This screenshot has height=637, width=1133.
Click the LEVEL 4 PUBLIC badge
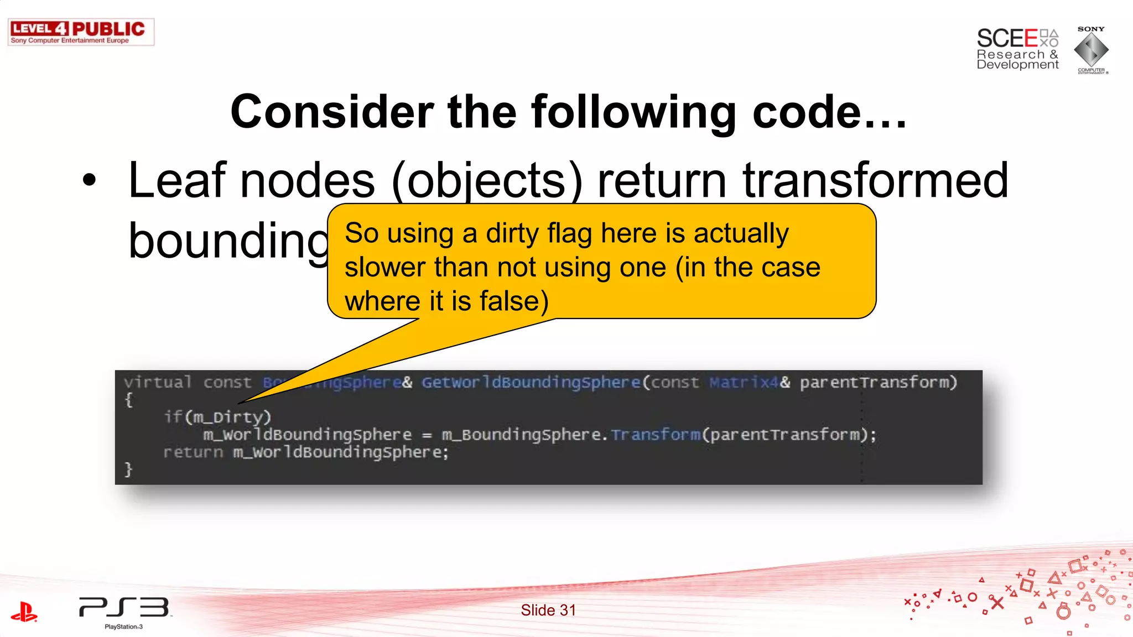point(81,32)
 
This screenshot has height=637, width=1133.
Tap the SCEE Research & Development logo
point(1017,49)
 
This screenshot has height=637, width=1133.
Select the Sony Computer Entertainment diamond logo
point(1091,50)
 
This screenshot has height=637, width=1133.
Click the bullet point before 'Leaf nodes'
point(89,180)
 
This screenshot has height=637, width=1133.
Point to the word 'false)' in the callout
point(514,301)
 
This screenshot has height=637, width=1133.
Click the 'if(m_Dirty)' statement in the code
point(217,417)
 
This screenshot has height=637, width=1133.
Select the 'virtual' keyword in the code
point(158,382)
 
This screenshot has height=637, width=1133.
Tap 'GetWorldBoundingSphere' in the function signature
point(531,382)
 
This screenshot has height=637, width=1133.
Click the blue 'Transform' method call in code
point(656,435)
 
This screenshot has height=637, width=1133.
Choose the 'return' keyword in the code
point(193,452)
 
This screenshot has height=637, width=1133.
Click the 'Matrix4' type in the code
point(744,382)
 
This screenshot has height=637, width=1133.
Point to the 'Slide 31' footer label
point(548,610)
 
